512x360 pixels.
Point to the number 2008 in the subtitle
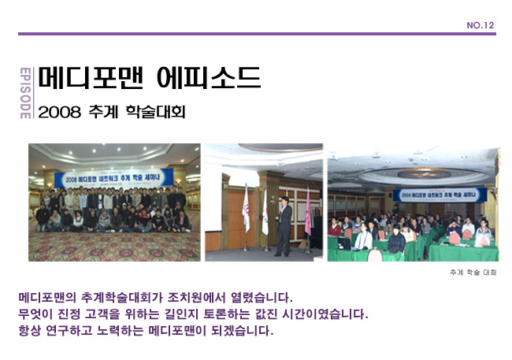click(65, 112)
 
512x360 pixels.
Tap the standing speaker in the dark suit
click(284, 227)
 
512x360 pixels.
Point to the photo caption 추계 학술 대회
click(473, 273)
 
